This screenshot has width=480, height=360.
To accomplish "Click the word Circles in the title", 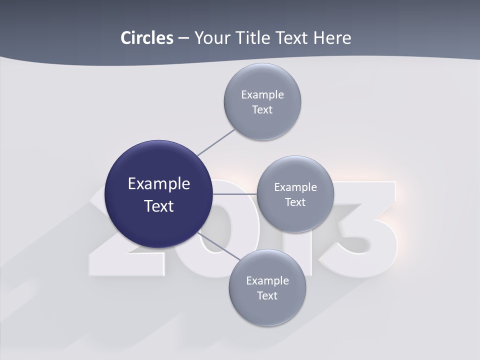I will coord(146,38).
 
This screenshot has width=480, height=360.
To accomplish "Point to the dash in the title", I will coord(183,38).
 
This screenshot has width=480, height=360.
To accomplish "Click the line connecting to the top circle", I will coord(216,142).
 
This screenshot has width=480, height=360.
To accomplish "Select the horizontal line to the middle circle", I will coord(235,194).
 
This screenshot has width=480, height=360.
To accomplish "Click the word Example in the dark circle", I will coord(159,184).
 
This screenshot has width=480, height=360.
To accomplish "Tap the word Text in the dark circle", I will coord(159,206).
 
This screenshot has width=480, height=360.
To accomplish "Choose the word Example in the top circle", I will coord(262,94).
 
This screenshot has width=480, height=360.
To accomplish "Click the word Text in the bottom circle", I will coord(267,295).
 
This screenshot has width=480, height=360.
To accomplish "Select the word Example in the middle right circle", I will coord(295,187).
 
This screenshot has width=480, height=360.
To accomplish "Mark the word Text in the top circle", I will coord(262,109).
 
